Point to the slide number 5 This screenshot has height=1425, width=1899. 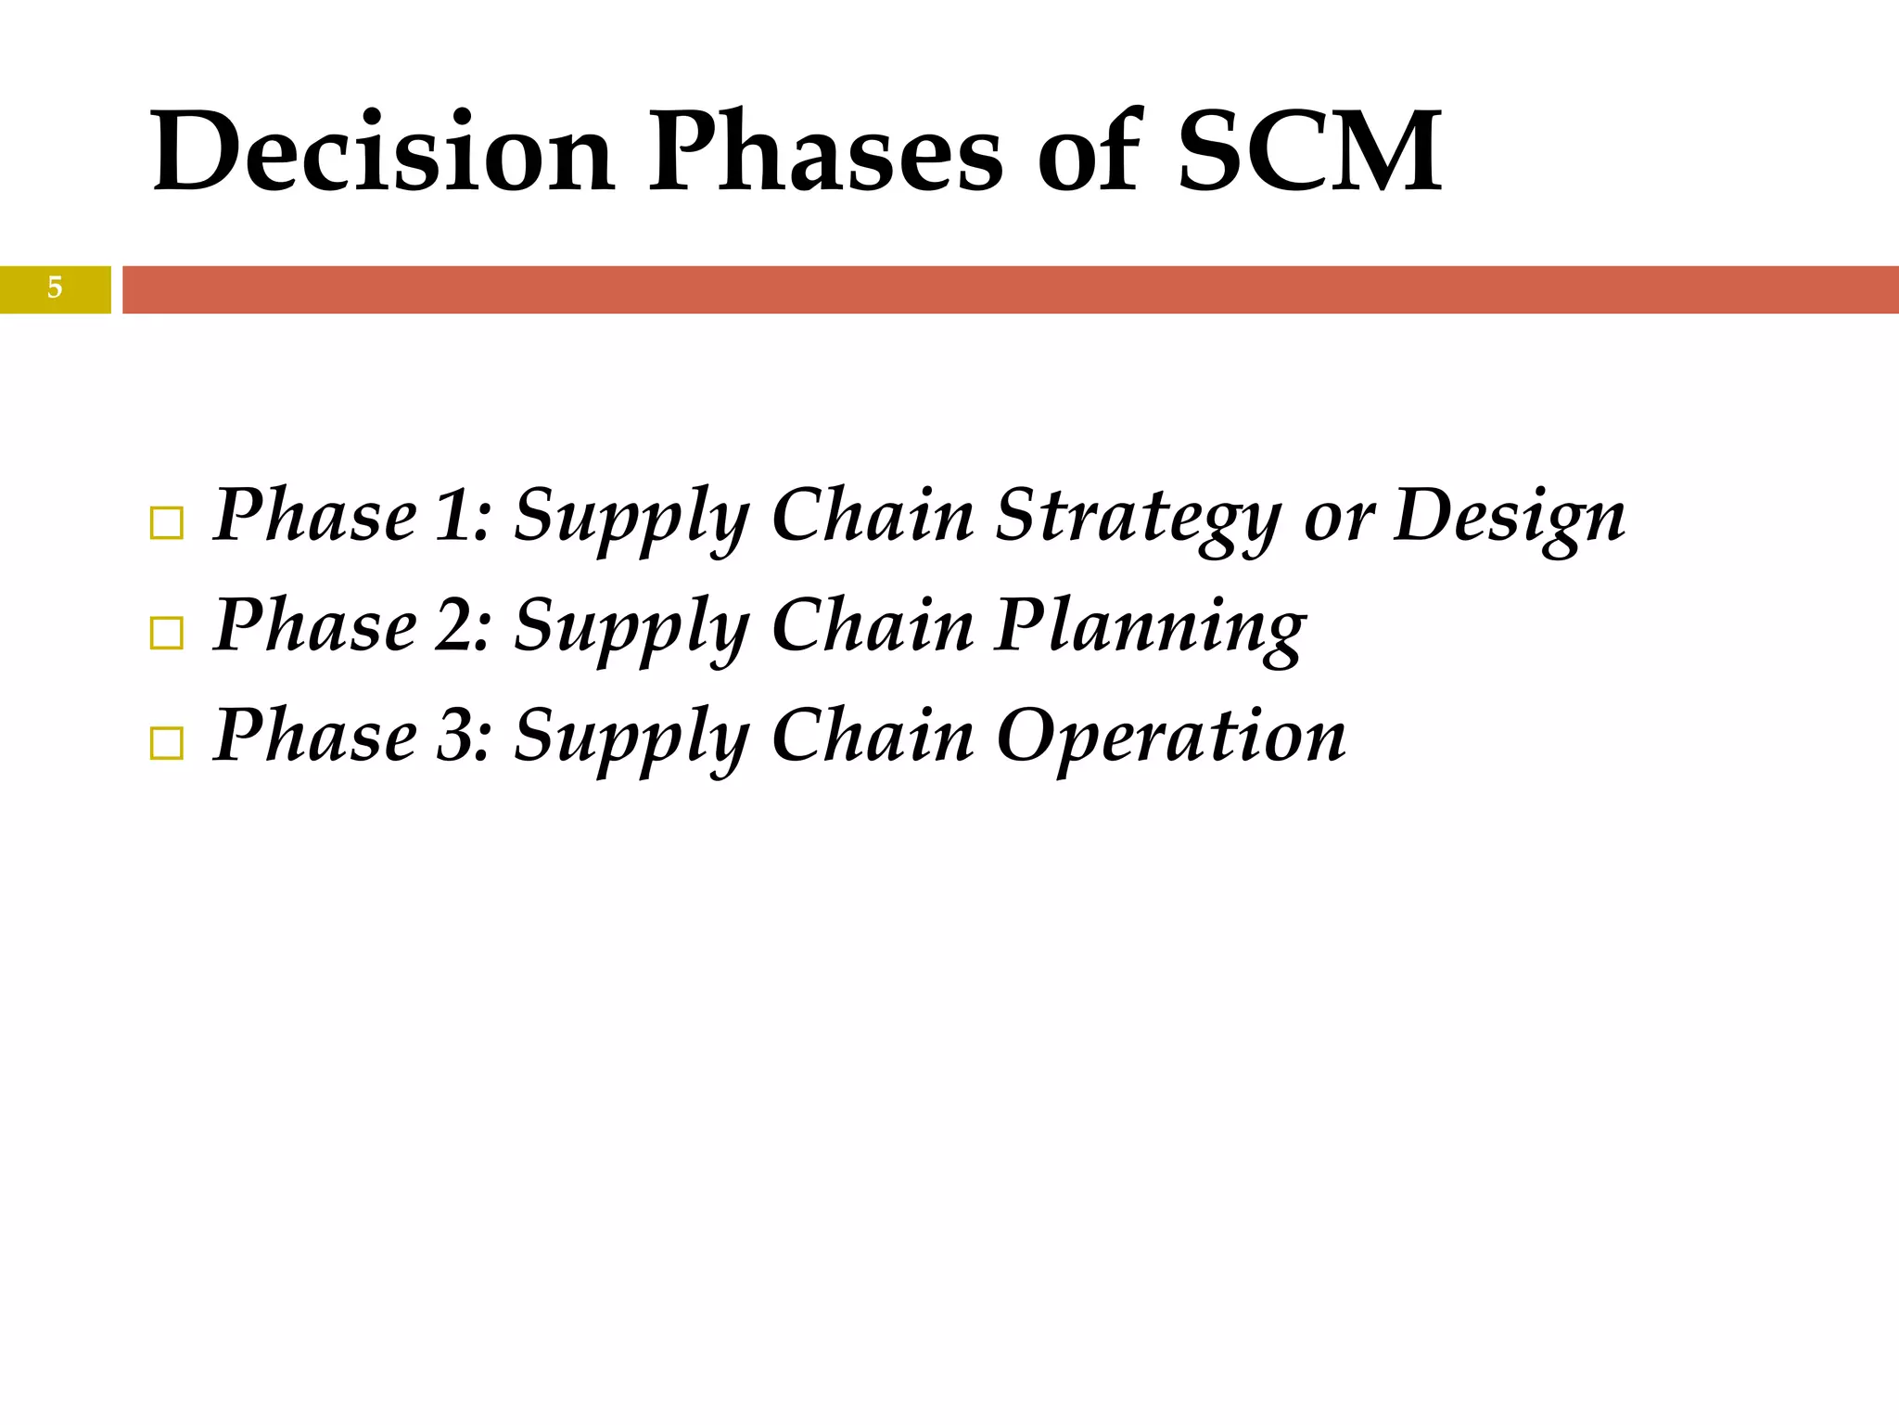coord(55,289)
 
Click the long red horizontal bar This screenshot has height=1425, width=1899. coord(1009,289)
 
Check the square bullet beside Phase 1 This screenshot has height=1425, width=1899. coord(166,524)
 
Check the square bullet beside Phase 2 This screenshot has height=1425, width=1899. coord(166,634)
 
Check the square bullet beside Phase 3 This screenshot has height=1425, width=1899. coord(166,744)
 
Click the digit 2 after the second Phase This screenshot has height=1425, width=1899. coord(455,625)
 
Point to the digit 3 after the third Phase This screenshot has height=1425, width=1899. coord(455,736)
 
